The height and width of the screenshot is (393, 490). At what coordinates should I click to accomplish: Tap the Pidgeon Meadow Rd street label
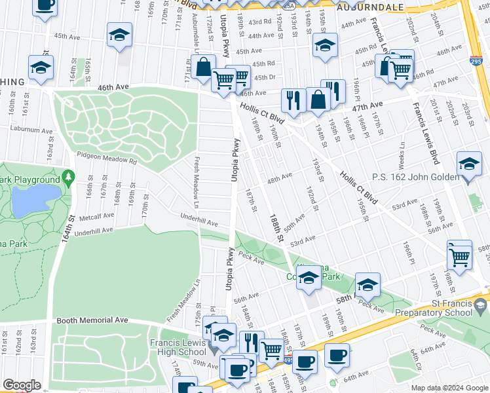[106, 159]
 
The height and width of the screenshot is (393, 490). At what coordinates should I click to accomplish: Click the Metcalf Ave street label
[93, 214]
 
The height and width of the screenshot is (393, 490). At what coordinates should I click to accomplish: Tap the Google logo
[22, 385]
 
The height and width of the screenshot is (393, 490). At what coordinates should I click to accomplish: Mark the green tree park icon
[68, 178]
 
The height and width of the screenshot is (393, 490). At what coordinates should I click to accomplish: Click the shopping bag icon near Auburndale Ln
[204, 66]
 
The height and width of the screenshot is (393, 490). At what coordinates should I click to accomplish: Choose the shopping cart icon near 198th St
[459, 254]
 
